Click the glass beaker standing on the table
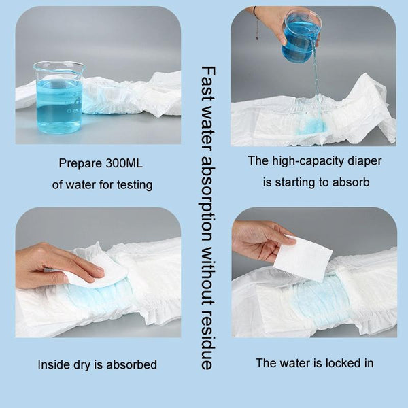tap(58, 97)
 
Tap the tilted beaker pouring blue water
tap(301, 37)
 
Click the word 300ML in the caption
tap(124, 163)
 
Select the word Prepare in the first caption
tap(80, 164)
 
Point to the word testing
tap(135, 185)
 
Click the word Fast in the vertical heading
tap(208, 83)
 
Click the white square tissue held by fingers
tap(303, 258)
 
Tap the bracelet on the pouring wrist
tap(256, 23)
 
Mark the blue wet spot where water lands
tap(311, 127)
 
